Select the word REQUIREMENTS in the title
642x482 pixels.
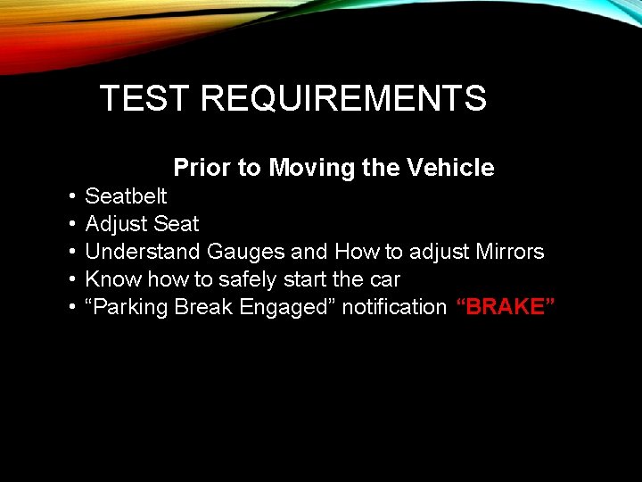point(343,98)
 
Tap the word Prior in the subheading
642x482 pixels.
point(201,168)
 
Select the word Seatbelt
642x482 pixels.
point(126,195)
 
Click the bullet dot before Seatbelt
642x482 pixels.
point(70,196)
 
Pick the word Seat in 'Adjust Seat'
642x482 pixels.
point(177,223)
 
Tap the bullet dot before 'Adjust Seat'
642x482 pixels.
point(70,224)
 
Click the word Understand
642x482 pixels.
point(143,252)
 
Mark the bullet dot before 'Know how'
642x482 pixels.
point(70,279)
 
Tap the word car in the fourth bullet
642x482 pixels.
point(384,279)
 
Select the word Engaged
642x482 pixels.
point(289,307)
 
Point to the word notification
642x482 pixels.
point(394,307)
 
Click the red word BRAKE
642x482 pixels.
point(506,307)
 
